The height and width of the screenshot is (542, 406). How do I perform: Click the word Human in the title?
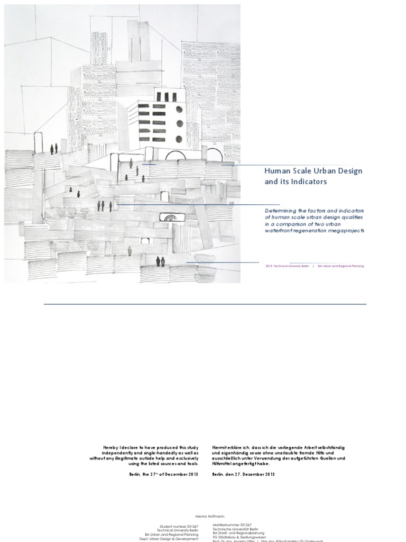276,171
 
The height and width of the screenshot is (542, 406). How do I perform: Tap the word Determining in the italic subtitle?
283,210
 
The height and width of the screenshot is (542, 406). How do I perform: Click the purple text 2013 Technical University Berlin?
288,266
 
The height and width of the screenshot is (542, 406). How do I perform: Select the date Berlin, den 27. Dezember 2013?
243,474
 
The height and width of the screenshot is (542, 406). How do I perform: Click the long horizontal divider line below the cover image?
205,304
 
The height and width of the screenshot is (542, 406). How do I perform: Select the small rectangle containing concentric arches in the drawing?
170,216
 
